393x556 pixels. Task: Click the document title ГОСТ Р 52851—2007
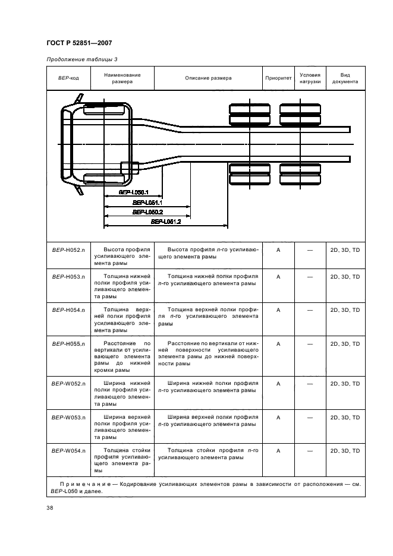coord(78,43)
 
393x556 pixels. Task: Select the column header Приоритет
coord(278,78)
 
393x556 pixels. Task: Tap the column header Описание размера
coord(208,78)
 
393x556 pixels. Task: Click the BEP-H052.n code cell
coord(69,250)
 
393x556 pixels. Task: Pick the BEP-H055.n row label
coord(69,343)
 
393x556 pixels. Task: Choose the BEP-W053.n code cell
coord(69,418)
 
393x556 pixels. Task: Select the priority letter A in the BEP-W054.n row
coord(278,451)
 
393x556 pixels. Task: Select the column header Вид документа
coord(345,78)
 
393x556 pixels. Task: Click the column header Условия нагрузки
coord(310,78)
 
